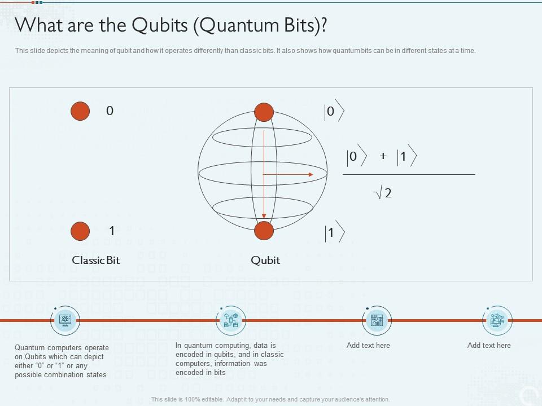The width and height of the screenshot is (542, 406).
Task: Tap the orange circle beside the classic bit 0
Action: [80, 111]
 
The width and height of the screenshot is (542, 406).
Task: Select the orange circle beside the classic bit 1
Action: [80, 231]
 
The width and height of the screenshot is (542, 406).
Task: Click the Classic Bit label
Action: [96, 260]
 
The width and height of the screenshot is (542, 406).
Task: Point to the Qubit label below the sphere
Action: [265, 260]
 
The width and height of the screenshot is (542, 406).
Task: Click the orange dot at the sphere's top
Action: [264, 112]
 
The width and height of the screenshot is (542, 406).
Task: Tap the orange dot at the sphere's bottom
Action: [264, 231]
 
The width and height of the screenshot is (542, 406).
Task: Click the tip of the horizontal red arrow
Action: [312, 175]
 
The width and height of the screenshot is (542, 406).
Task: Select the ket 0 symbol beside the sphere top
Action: [333, 112]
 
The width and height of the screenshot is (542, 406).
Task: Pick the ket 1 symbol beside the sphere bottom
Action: [333, 232]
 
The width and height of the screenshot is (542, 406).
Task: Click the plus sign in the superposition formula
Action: [383, 156]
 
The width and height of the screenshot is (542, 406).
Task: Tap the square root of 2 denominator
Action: [383, 193]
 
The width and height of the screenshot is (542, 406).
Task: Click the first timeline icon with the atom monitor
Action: [65, 320]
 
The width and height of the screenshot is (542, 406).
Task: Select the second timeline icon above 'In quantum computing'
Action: [231, 320]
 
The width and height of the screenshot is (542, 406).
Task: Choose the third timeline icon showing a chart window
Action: [375, 320]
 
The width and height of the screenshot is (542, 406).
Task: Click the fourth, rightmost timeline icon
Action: [497, 320]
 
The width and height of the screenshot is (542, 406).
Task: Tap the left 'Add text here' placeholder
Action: [368, 345]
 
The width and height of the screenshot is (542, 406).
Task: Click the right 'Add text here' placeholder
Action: [489, 345]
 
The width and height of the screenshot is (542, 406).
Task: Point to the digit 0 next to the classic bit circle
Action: [110, 111]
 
